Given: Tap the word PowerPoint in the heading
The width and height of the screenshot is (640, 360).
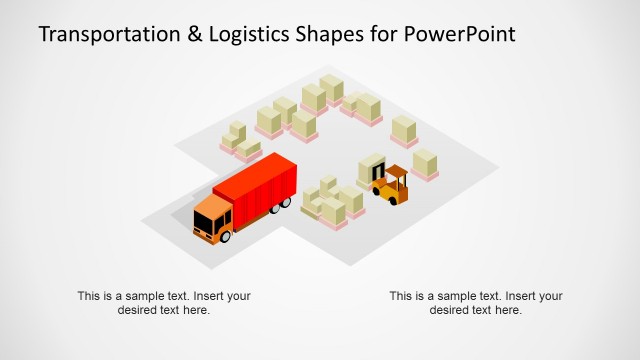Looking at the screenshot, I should pyautogui.click(x=460, y=35).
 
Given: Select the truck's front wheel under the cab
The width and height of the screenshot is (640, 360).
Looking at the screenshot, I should pyautogui.click(x=226, y=236).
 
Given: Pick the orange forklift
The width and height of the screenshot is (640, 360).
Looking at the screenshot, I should pyautogui.click(x=389, y=186).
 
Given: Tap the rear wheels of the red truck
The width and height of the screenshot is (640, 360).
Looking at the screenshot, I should pyautogui.click(x=284, y=204).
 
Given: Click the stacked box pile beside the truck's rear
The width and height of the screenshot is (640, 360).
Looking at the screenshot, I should pyautogui.click(x=331, y=203).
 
